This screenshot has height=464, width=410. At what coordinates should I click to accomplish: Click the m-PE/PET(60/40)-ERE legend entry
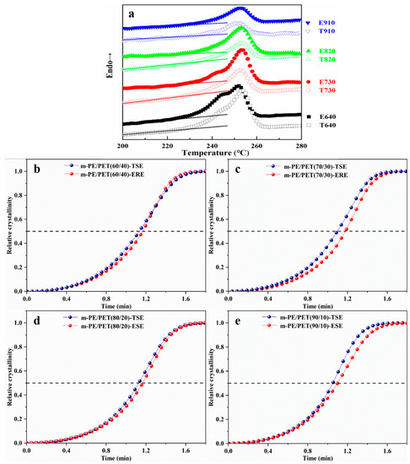click(x=111, y=171)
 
